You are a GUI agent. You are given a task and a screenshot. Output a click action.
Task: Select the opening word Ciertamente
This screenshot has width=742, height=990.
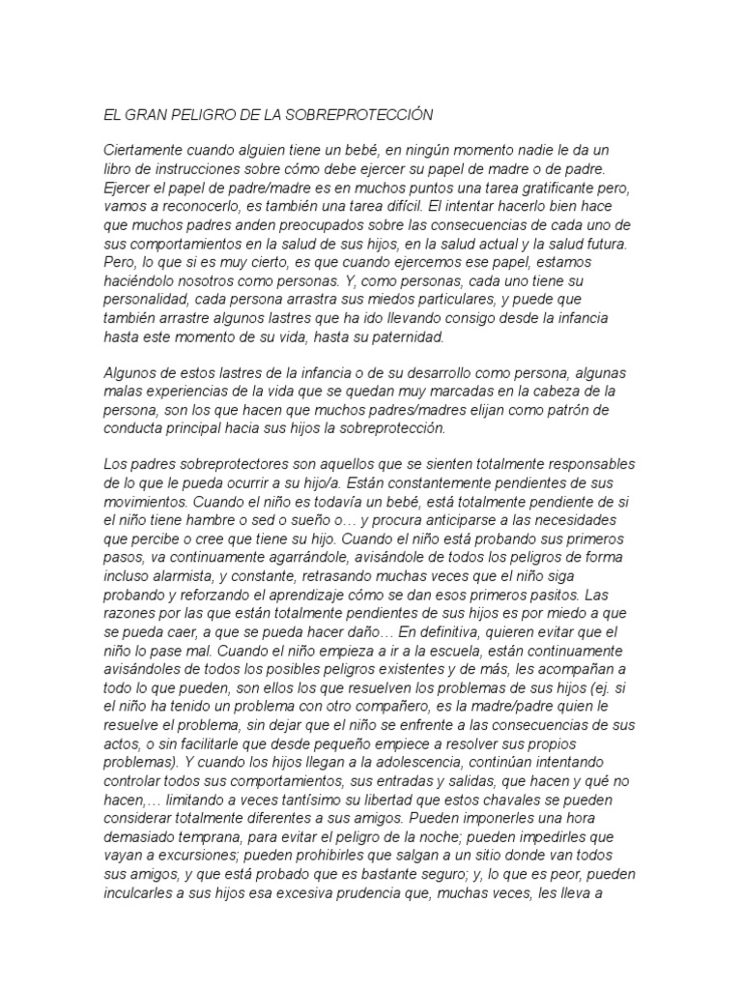(148, 152)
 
